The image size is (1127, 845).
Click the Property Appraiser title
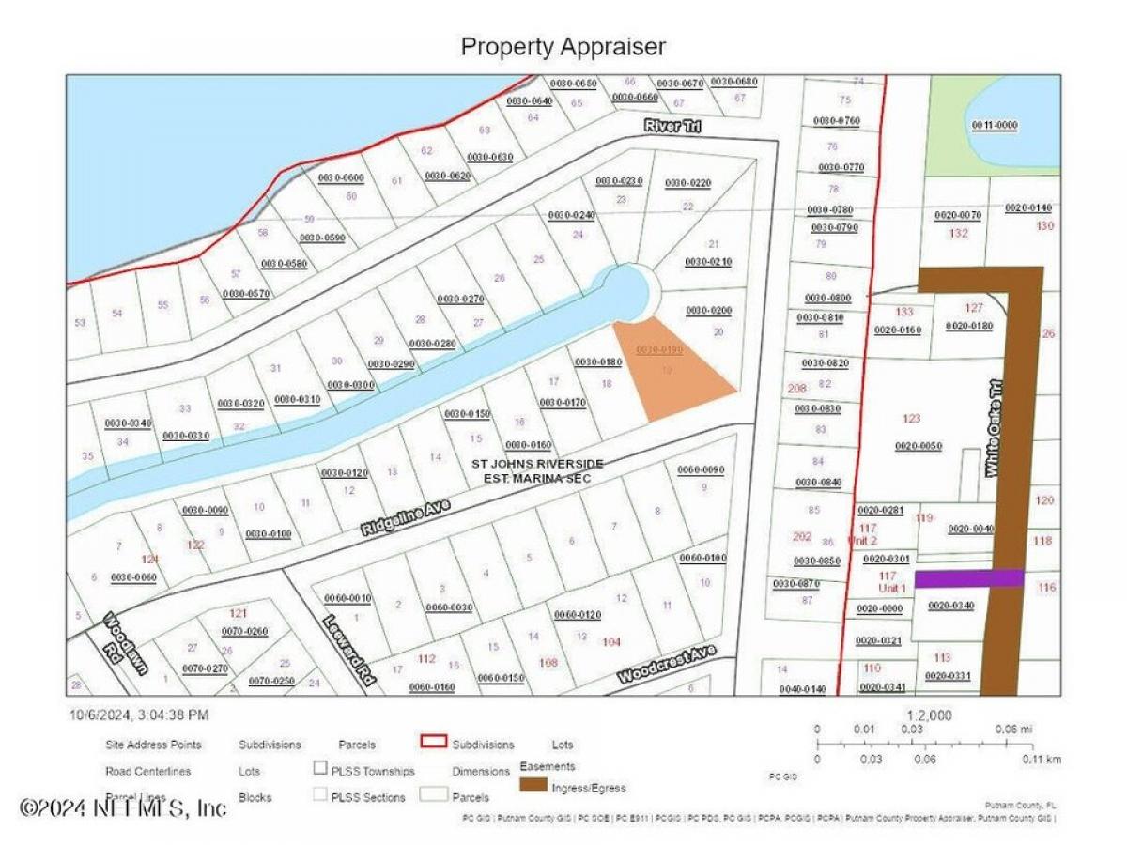click(563, 46)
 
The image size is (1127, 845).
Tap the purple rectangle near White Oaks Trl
click(968, 578)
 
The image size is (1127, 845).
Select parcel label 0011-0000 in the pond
click(995, 125)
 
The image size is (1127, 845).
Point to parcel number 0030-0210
click(708, 261)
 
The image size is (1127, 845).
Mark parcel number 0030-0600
click(340, 177)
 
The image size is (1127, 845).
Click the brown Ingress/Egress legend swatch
click(535, 784)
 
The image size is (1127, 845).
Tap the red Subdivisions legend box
click(433, 745)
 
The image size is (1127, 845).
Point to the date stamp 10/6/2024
click(138, 714)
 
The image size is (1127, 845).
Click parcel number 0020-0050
click(918, 446)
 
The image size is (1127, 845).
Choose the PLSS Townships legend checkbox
click(321, 770)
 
